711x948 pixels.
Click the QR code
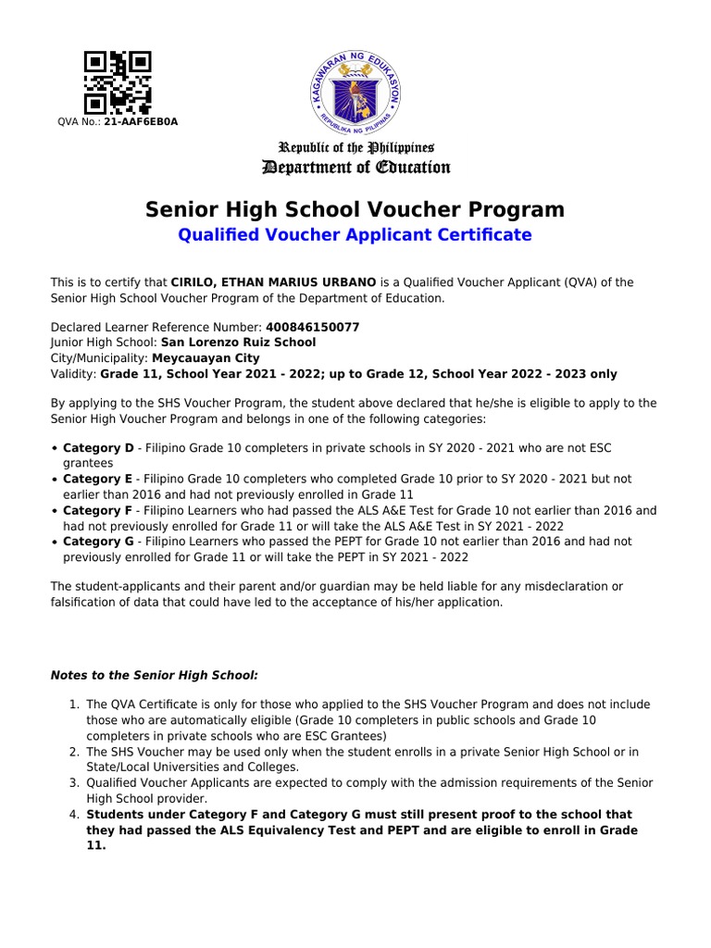pos(118,82)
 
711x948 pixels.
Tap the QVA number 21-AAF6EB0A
pos(141,121)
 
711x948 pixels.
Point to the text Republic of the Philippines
pos(356,148)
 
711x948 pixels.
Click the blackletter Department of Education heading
pos(356,168)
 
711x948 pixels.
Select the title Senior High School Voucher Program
pos(355,210)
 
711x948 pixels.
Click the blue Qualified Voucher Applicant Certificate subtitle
pos(355,235)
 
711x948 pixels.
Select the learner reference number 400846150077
pos(313,328)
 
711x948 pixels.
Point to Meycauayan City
pos(206,358)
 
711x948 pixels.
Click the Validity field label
pos(73,374)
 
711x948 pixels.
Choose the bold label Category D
pos(98,448)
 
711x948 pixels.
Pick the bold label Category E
pos(98,479)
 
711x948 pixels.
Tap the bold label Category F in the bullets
pos(98,510)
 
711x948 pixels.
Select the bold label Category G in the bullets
pos(98,542)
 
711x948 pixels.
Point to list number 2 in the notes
pos(74,752)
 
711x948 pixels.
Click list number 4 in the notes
pos(74,815)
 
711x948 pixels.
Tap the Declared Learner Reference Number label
pos(156,328)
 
